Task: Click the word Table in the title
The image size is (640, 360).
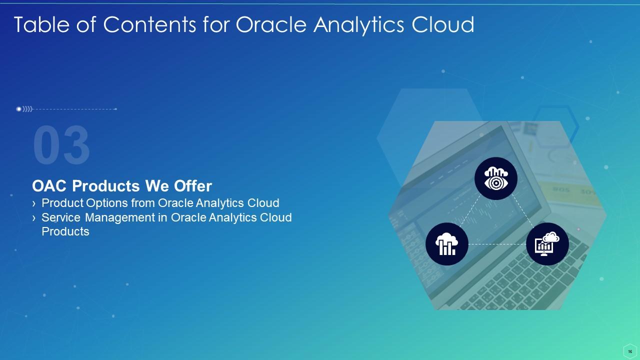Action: [x=38, y=24]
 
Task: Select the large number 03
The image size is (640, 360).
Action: [x=61, y=146]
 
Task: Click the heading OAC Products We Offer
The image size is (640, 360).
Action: [x=122, y=186]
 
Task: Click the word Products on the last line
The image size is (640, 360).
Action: [x=65, y=231]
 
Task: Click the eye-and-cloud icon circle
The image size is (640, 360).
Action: [x=495, y=178]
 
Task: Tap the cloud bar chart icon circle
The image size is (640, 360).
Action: [x=447, y=244]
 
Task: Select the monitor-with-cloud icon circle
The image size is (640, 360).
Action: [x=547, y=244]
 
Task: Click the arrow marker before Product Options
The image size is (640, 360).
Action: [x=34, y=203]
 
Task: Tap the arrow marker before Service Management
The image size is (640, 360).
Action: [x=34, y=218]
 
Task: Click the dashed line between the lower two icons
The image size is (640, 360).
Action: [x=497, y=244]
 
